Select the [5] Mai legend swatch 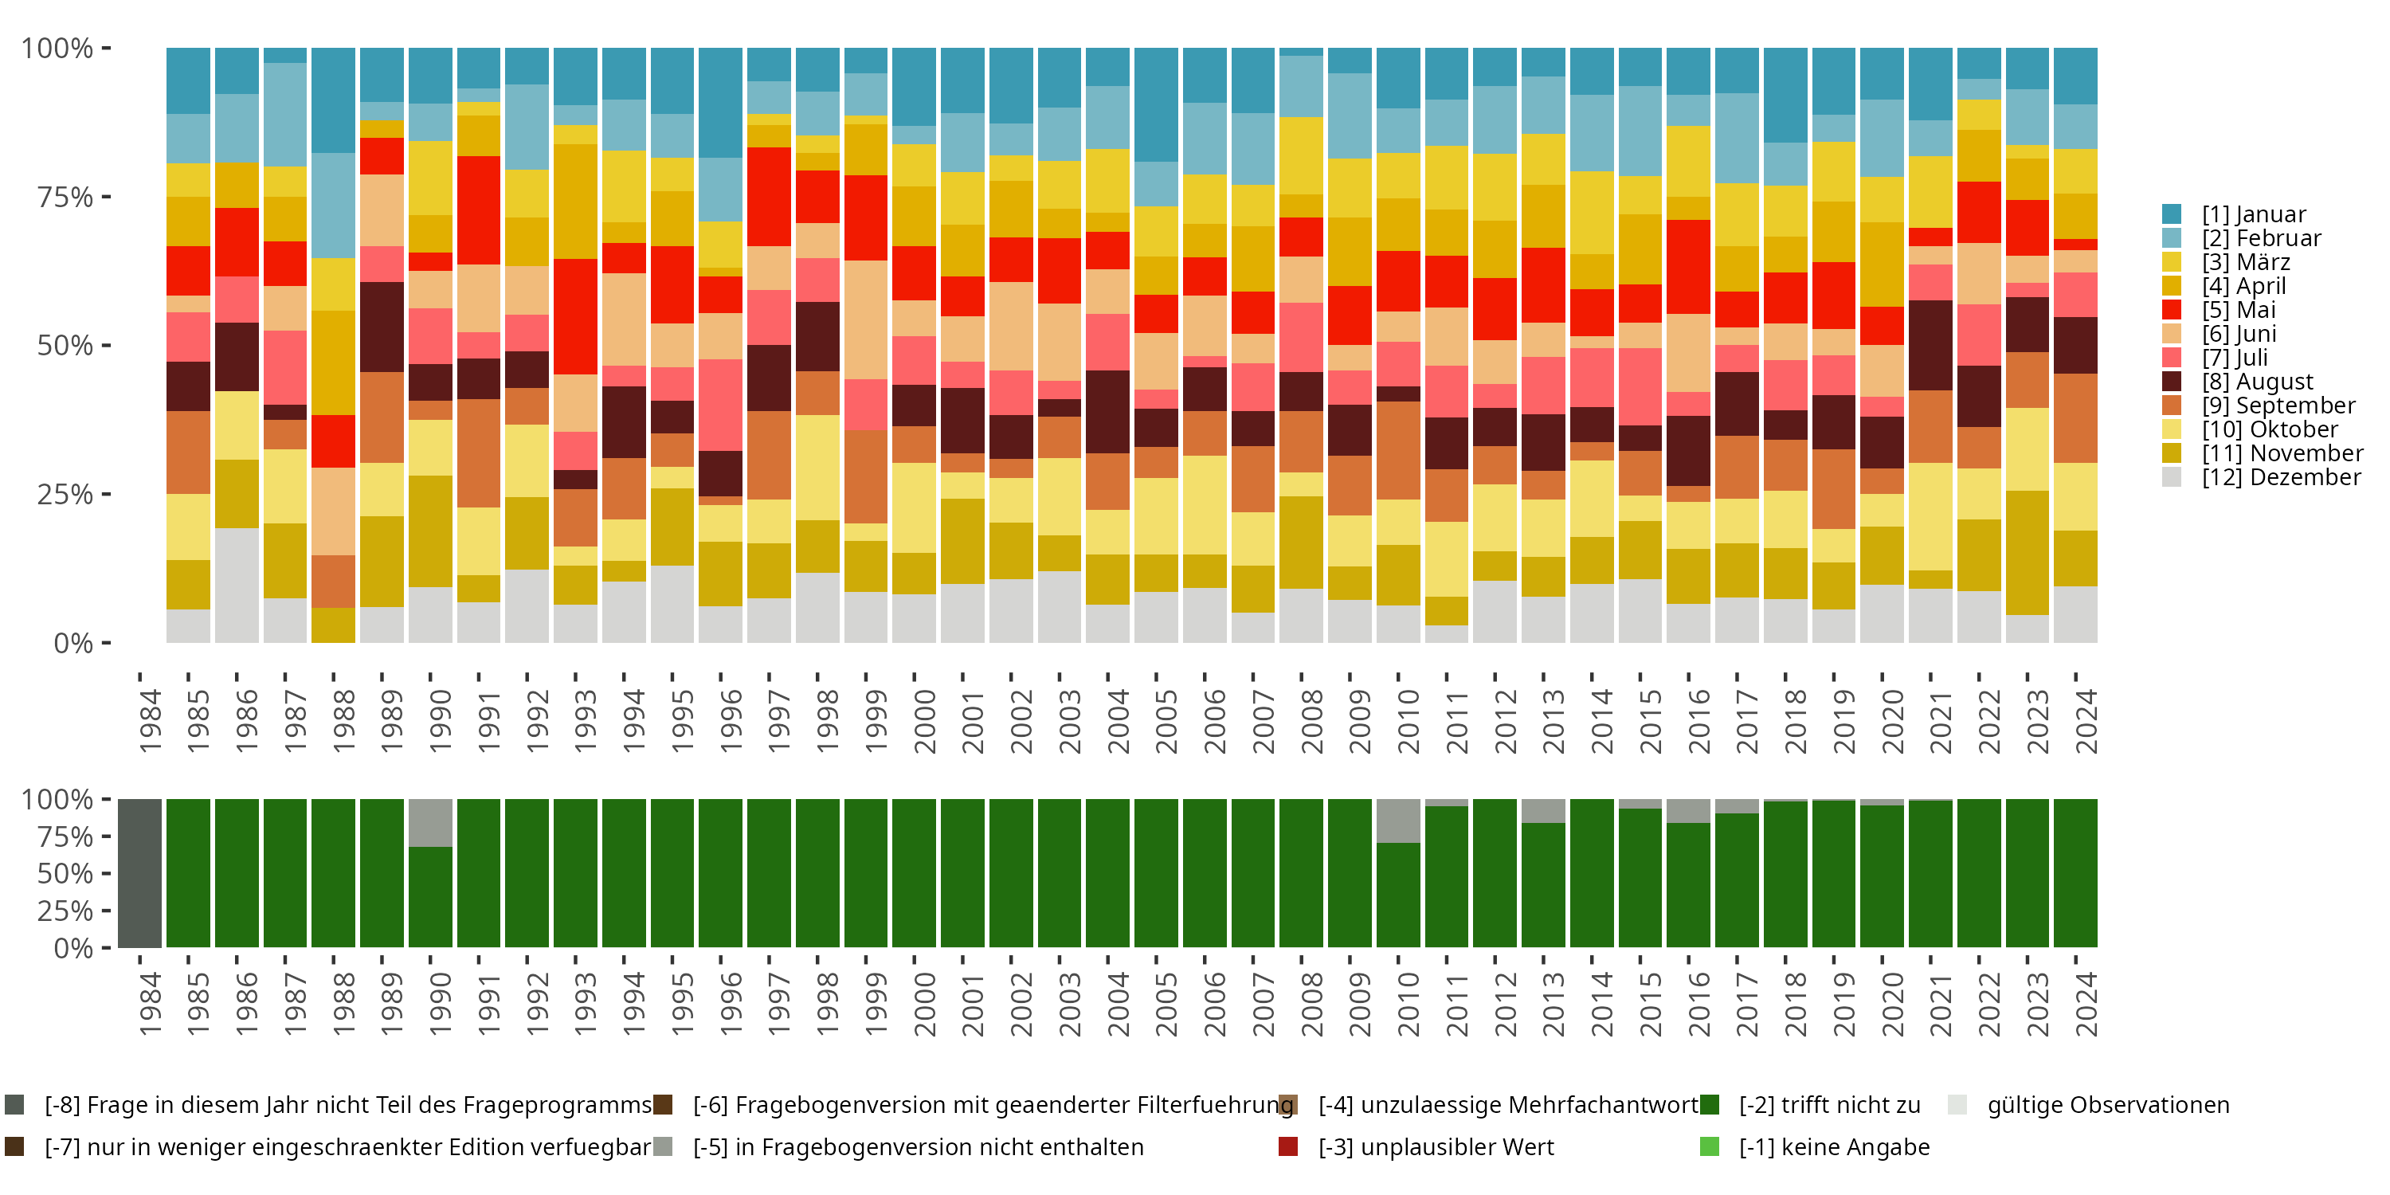pyautogui.click(x=2172, y=310)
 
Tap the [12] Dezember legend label pyautogui.click(x=2281, y=477)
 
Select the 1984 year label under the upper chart pyautogui.click(x=151, y=721)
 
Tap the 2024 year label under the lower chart pyautogui.click(x=2086, y=1005)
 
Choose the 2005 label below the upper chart pyautogui.click(x=1166, y=721)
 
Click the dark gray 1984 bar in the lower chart pyautogui.click(x=140, y=873)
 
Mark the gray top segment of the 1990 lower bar pyautogui.click(x=430, y=823)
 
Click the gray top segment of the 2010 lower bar pyautogui.click(x=1398, y=821)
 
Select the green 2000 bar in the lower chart pyautogui.click(x=914, y=873)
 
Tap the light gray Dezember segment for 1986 pyautogui.click(x=237, y=585)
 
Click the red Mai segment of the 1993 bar pyautogui.click(x=575, y=316)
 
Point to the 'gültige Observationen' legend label pyautogui.click(x=2107, y=1105)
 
